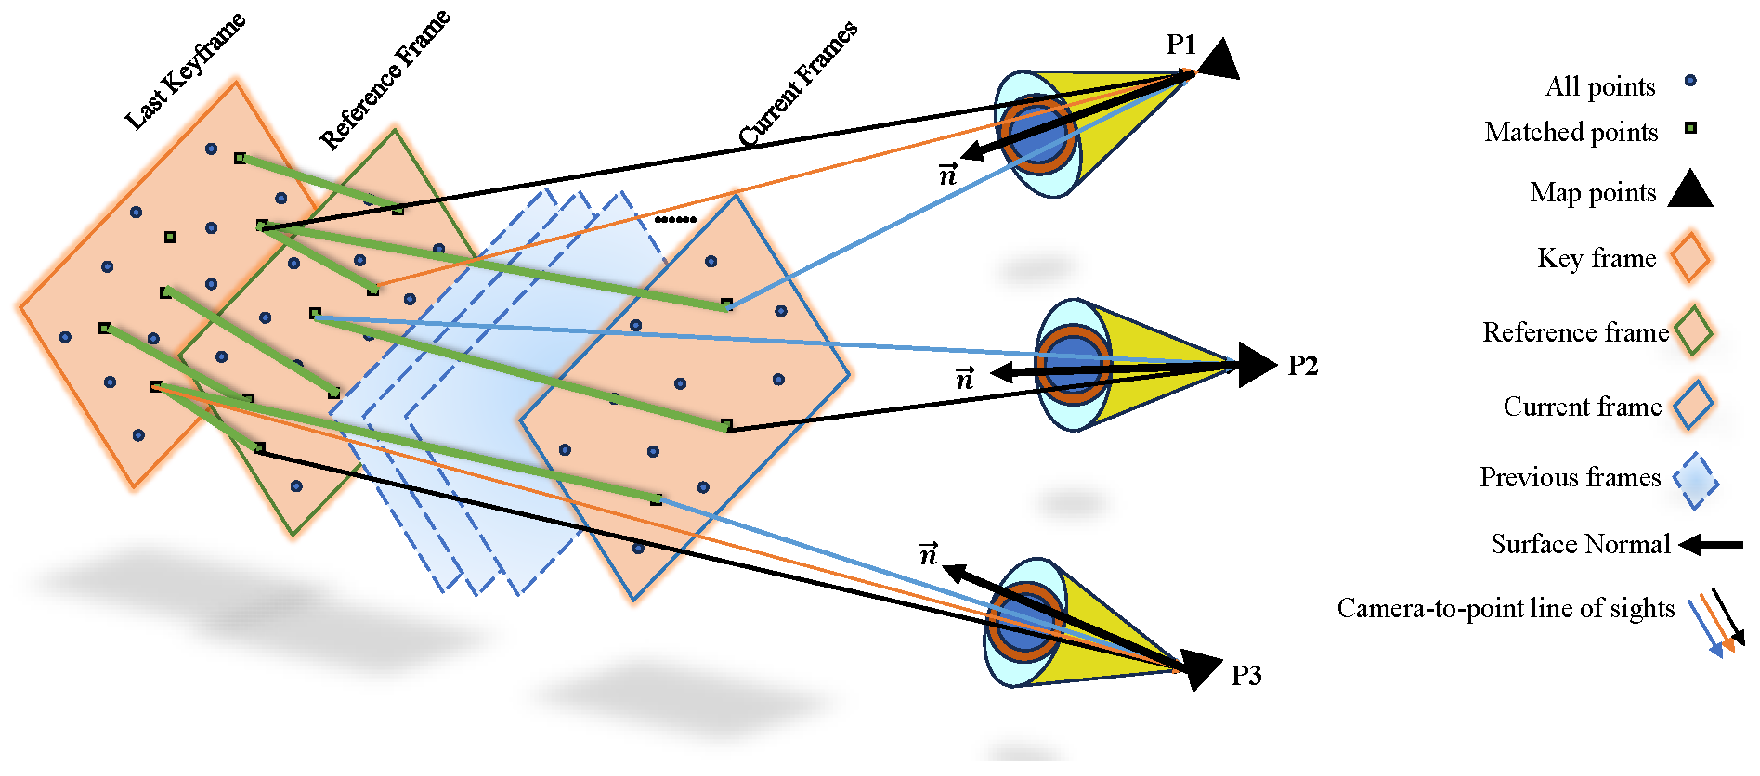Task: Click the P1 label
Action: (1180, 44)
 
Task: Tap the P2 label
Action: (1302, 366)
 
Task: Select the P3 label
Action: (1245, 676)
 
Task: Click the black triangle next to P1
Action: (1219, 62)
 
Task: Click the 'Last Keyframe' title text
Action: (185, 71)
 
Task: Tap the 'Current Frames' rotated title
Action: (797, 84)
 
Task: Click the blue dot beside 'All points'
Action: (1690, 82)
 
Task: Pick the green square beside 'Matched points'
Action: (1690, 128)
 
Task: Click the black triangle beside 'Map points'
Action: (1689, 189)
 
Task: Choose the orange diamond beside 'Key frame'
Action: (1690, 258)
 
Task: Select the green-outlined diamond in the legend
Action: (1691, 330)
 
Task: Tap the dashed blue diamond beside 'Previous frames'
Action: (1696, 481)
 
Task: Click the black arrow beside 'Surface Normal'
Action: (1712, 545)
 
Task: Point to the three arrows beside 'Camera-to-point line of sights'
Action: (1718, 621)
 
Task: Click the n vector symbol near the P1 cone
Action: (947, 174)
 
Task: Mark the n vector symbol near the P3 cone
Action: (928, 554)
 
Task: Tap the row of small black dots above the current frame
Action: (675, 220)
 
